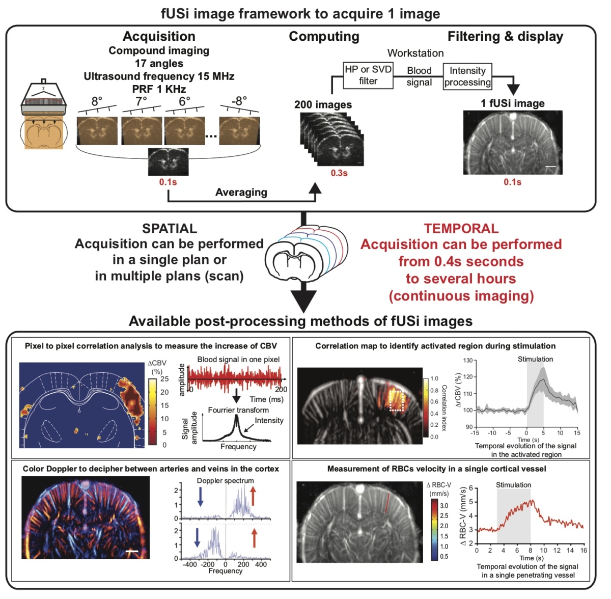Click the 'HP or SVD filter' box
click(368, 75)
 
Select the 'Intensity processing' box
click(467, 76)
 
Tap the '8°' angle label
click(97, 101)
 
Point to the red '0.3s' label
click(339, 173)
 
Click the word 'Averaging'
click(241, 193)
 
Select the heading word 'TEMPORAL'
click(461, 229)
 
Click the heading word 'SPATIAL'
click(170, 229)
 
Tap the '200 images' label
click(323, 105)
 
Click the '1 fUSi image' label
click(512, 103)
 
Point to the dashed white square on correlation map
click(397, 400)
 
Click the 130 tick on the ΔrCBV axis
click(468, 361)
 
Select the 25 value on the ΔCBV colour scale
click(164, 379)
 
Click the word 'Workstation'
click(415, 53)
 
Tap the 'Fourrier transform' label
click(238, 410)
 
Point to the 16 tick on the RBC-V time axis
click(584, 550)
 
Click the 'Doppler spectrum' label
click(225, 481)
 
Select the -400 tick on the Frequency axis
click(189, 564)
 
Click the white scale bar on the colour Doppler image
click(132, 551)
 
